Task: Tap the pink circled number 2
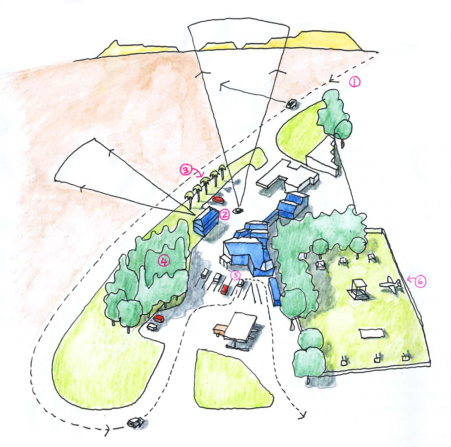coord(224,215)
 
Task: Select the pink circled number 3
coord(185,170)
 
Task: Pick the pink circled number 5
coord(235,274)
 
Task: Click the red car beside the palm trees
coord(218,199)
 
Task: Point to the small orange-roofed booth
coord(220,329)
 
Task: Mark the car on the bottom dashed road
coord(135,423)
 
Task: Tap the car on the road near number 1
coord(291,104)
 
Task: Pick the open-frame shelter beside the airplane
coord(359,289)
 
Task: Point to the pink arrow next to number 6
coord(409,280)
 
